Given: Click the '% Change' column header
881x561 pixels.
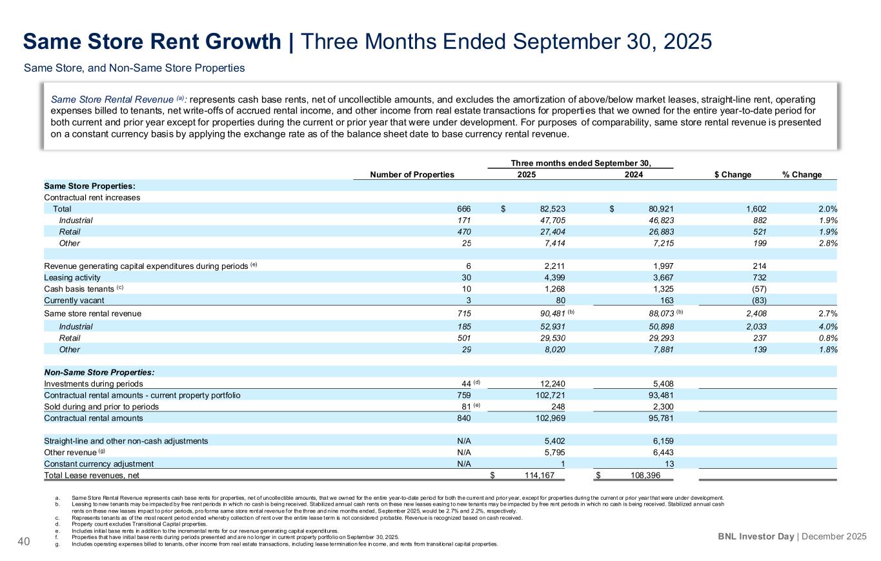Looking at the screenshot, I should coord(802,175).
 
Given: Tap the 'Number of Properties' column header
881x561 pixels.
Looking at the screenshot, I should coord(412,175).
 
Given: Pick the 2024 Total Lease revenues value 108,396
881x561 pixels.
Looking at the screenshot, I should coord(652,476).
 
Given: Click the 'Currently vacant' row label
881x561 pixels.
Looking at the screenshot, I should coord(74,300).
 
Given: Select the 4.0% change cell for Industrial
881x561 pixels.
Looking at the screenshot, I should coord(825,326).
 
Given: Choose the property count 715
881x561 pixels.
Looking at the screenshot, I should coord(463,313).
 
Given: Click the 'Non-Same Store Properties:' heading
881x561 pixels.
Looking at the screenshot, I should coord(99,372).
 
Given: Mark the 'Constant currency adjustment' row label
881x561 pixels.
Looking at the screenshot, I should coord(99,464).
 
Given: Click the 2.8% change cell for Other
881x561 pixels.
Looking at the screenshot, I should coord(825,243).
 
